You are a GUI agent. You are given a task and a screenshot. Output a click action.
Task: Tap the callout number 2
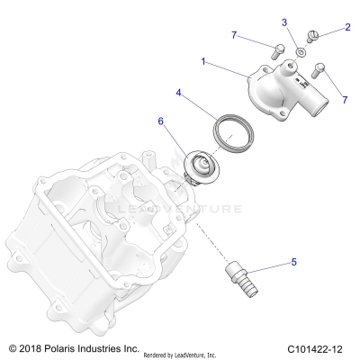347,27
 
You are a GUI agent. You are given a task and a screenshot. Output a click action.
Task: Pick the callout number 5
292,263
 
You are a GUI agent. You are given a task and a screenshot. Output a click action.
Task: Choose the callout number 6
161,121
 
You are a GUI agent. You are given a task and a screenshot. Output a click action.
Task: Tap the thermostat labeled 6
193,166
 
